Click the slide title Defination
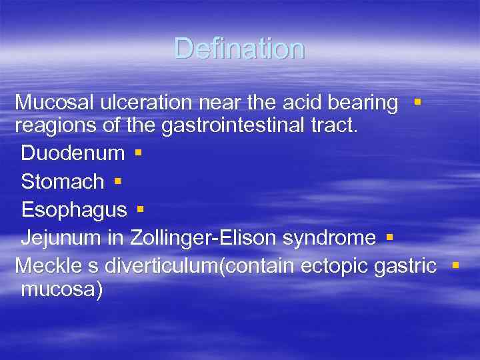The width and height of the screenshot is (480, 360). click(x=239, y=49)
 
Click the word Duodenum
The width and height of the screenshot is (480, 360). click(x=73, y=153)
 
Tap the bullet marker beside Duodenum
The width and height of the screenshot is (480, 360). click(x=137, y=152)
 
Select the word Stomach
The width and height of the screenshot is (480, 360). click(x=63, y=181)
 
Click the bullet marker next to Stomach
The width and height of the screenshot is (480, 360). click(x=117, y=181)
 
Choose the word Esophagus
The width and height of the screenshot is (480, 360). click(x=73, y=210)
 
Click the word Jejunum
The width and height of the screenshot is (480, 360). click(x=63, y=238)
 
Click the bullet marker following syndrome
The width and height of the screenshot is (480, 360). click(x=389, y=237)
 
